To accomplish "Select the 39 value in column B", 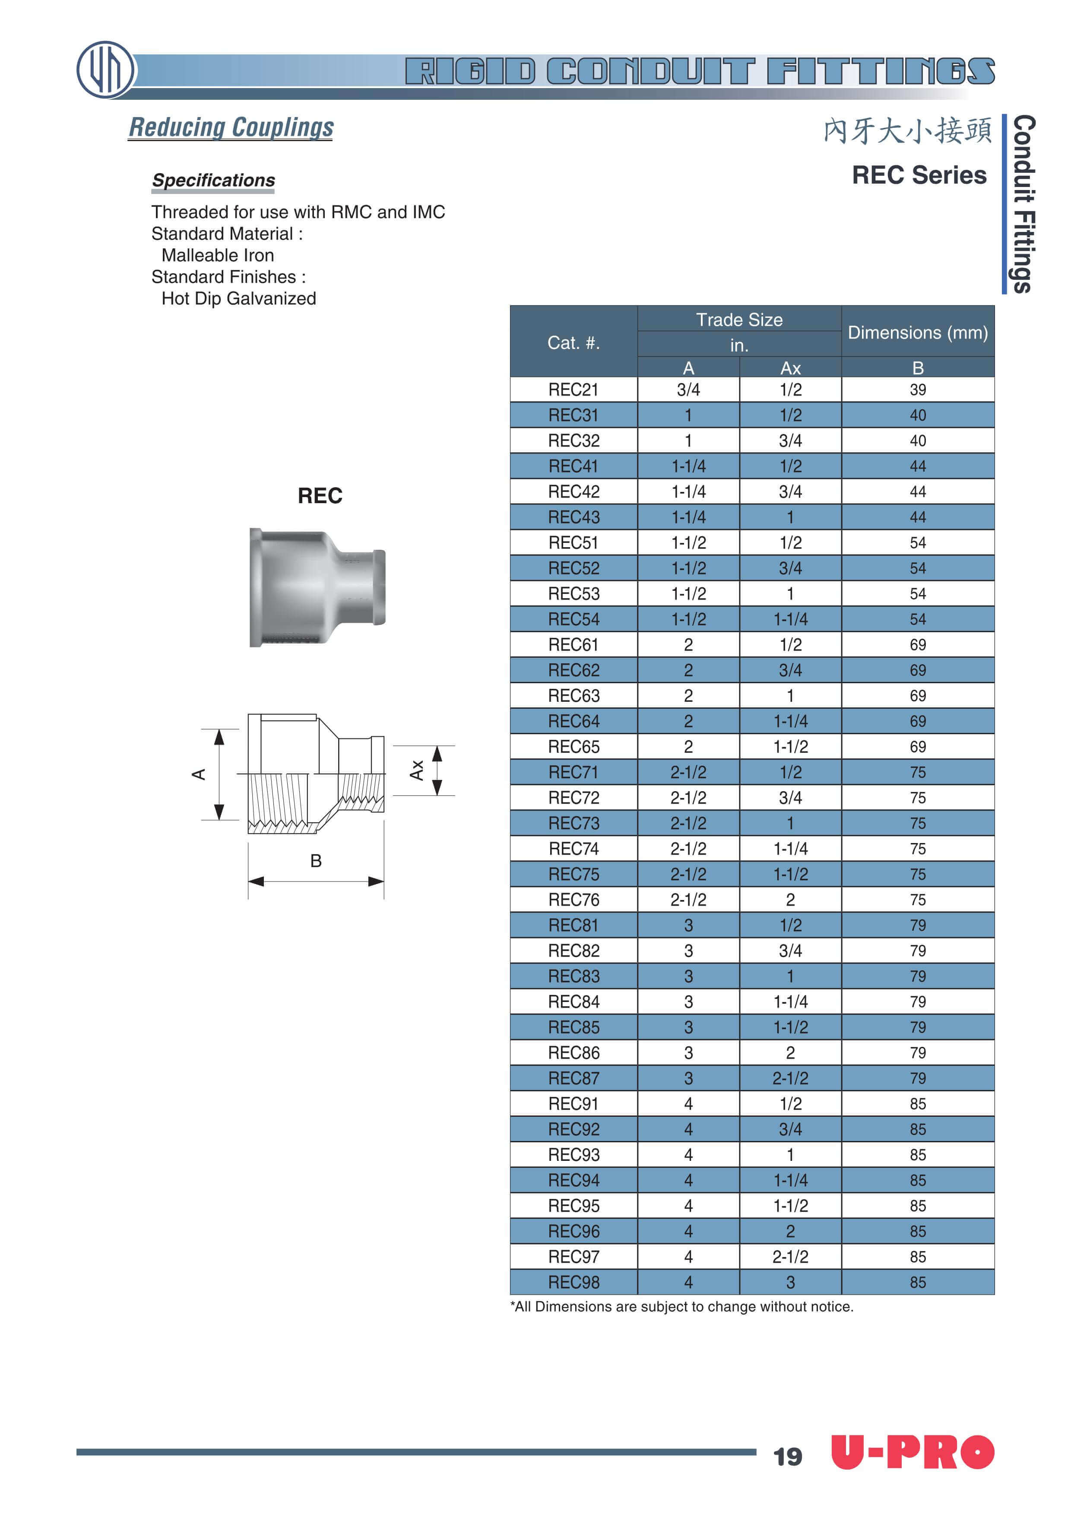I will click(917, 390).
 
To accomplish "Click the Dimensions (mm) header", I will click(917, 332).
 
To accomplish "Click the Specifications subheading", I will click(213, 180).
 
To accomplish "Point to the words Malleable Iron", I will click(218, 255).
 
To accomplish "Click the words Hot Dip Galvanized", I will click(238, 298).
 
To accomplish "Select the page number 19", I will click(787, 1456).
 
